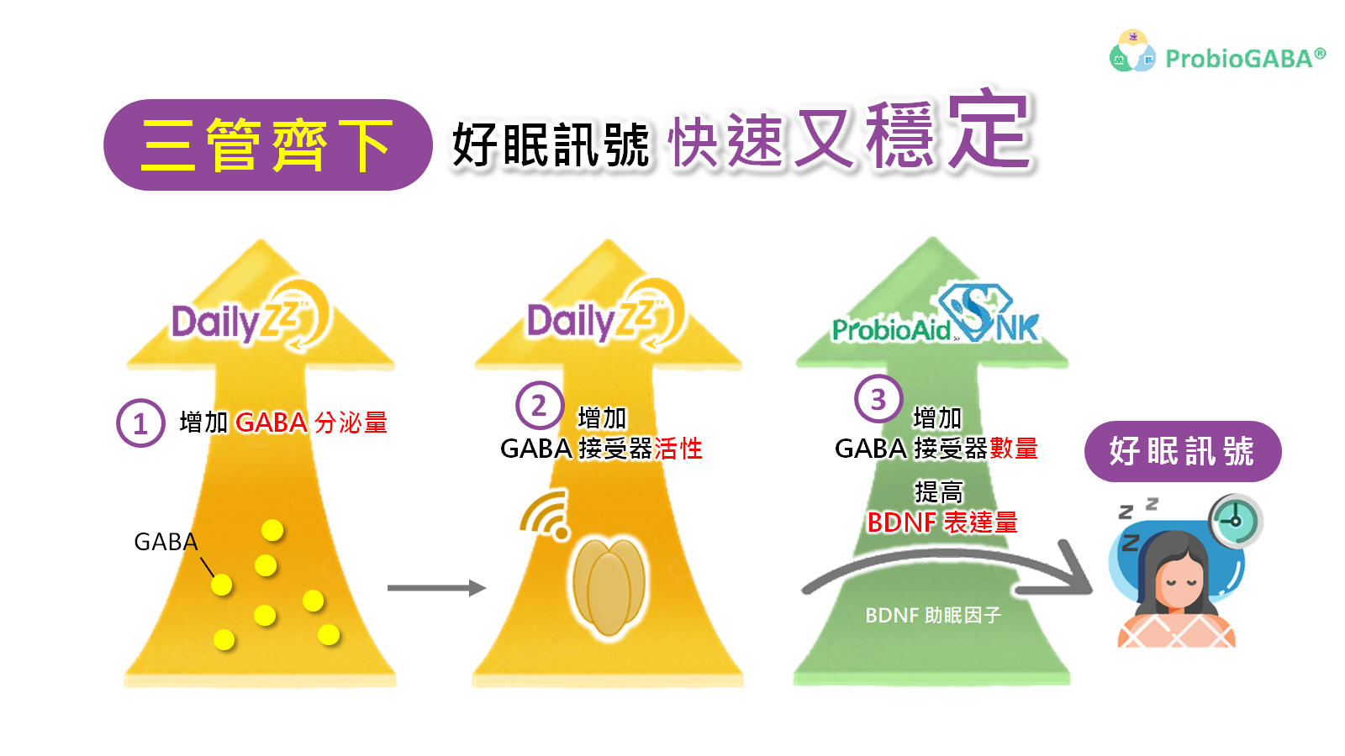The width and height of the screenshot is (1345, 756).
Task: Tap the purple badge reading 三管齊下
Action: tap(267, 145)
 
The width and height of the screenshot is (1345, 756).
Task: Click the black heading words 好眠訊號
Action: tap(551, 145)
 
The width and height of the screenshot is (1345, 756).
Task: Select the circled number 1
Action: tap(140, 423)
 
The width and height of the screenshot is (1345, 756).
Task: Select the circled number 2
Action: tap(539, 406)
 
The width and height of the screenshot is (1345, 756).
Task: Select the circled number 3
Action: tap(878, 399)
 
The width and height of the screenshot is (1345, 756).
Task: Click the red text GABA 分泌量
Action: tap(311, 423)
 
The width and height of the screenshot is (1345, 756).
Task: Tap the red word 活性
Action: tap(678, 449)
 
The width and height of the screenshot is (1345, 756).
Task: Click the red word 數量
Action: tap(1014, 449)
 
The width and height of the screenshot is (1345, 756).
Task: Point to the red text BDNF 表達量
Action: tap(942, 522)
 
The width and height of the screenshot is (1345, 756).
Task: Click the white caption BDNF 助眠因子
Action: tap(933, 616)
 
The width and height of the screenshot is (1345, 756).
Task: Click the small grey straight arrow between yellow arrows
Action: tap(436, 588)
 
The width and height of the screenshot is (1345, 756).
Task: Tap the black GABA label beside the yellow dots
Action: tap(166, 542)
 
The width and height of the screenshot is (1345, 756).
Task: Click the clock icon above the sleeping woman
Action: tap(1235, 520)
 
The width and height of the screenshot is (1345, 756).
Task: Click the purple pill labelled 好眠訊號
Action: tap(1182, 451)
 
